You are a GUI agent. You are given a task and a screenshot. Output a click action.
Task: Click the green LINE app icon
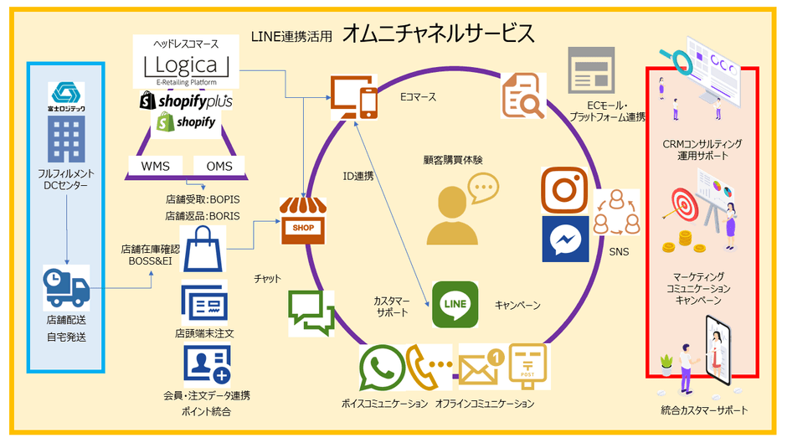[455, 304]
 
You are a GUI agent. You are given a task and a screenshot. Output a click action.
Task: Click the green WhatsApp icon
[382, 368]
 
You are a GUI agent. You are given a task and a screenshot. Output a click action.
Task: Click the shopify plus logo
[186, 101]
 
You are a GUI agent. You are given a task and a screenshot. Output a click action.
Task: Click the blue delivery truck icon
[66, 289]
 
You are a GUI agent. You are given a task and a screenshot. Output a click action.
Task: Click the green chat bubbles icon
[311, 314]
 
